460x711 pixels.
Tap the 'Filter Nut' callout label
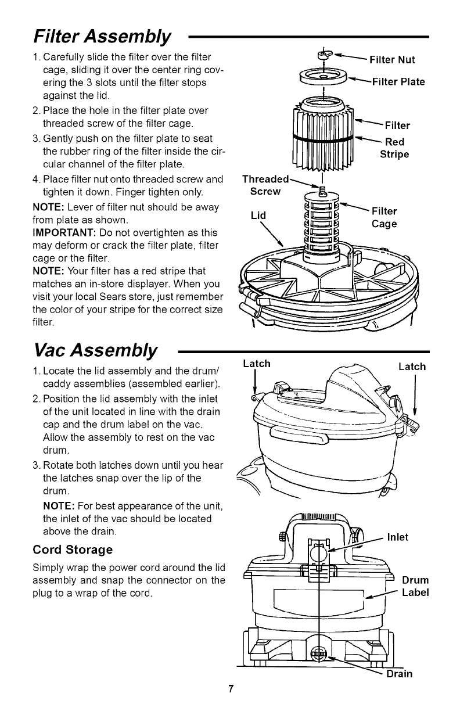click(x=392, y=59)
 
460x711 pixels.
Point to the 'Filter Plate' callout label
click(x=398, y=81)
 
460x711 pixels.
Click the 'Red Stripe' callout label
click(x=394, y=149)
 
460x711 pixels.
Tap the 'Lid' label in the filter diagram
click(x=258, y=216)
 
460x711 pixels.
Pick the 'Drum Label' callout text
click(x=415, y=586)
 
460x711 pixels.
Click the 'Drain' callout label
click(x=399, y=674)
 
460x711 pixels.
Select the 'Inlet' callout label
click(x=397, y=537)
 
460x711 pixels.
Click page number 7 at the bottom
click(x=230, y=690)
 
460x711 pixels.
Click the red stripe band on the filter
click(x=323, y=138)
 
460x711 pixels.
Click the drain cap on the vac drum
click(x=319, y=656)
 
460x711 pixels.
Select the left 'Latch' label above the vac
click(x=256, y=364)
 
